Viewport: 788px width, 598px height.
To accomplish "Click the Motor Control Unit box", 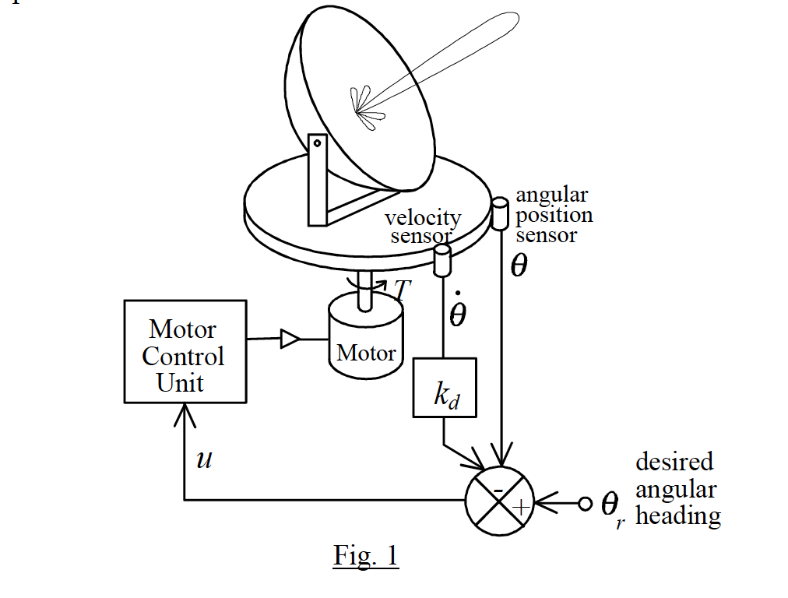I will click(x=186, y=351).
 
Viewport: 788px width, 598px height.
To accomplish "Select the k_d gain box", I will click(x=444, y=387).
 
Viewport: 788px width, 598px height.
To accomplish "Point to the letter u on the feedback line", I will click(x=204, y=459).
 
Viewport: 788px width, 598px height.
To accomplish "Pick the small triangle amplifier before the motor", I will click(x=289, y=339).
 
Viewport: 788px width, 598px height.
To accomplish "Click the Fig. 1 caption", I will click(x=366, y=555).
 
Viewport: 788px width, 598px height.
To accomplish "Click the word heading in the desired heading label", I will click(x=677, y=517).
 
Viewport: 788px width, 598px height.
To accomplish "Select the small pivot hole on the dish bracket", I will click(x=317, y=143).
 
